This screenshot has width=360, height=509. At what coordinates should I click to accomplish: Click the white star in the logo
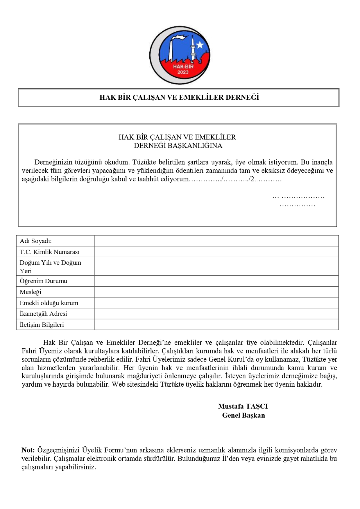point(200,45)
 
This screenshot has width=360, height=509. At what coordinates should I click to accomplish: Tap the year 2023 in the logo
point(183,72)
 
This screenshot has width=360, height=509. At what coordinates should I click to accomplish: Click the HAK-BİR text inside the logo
point(183,67)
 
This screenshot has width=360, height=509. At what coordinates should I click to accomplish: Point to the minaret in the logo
point(193,49)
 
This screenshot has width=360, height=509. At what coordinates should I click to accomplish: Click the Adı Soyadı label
point(35,241)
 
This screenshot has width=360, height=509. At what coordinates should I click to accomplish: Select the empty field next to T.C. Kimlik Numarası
point(216,252)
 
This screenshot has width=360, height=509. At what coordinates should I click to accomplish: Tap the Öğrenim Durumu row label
point(43,281)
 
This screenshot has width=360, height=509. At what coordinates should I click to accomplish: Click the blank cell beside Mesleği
point(216,292)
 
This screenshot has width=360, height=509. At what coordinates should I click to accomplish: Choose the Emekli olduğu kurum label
point(49,303)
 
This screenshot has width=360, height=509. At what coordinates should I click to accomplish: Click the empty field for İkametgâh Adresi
point(216,314)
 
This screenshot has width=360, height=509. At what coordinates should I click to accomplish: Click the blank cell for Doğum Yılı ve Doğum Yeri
point(216,267)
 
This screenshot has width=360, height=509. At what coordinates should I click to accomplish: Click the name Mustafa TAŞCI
point(243,406)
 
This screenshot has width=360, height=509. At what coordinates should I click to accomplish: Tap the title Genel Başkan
point(243,415)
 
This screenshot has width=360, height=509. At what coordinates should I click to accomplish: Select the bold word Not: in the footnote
point(28,450)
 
